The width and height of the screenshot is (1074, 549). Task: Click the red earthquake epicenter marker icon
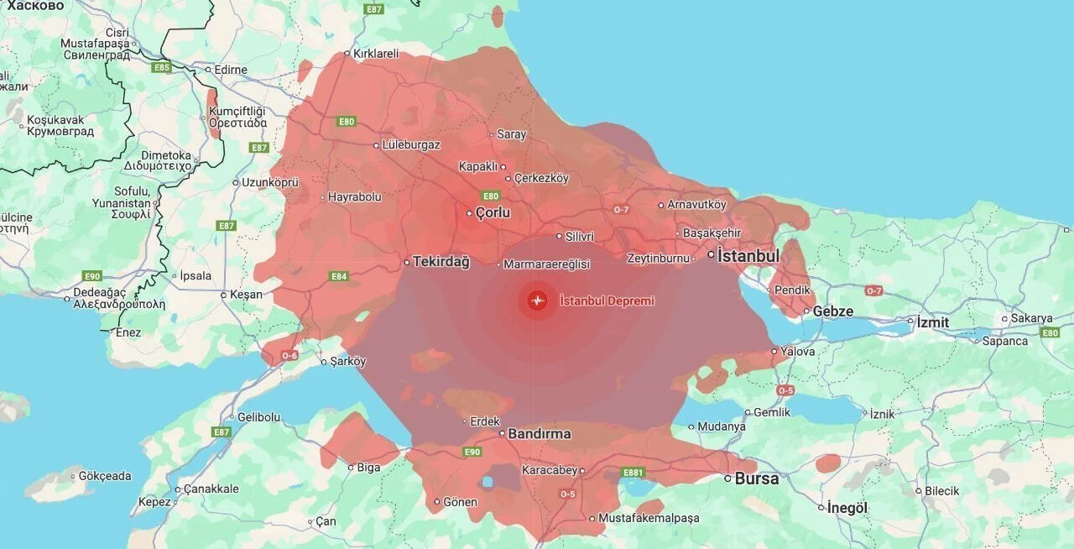(x=537, y=301)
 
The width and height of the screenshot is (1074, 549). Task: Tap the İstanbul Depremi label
(x=607, y=301)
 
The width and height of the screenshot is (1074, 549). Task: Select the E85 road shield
(x=162, y=67)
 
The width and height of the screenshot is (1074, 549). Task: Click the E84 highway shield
(x=339, y=276)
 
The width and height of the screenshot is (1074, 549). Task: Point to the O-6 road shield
(x=289, y=356)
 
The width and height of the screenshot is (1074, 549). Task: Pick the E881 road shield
(x=633, y=473)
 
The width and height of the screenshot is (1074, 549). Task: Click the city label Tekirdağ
(x=441, y=261)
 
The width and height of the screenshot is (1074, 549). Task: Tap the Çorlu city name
(x=493, y=212)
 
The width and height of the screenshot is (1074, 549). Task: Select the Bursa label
(x=757, y=478)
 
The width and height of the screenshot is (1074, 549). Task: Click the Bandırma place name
(x=540, y=434)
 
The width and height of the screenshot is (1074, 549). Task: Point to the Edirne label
(x=231, y=70)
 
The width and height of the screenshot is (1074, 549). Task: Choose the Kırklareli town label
(x=376, y=53)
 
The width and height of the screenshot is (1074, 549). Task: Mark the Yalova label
(x=797, y=351)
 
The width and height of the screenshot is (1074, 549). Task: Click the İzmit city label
(x=932, y=322)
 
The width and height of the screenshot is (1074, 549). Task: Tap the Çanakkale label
(x=211, y=489)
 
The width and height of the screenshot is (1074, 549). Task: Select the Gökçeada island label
(x=105, y=476)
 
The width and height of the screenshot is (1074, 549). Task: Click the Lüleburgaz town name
(x=411, y=144)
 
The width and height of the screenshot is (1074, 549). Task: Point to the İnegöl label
(x=847, y=507)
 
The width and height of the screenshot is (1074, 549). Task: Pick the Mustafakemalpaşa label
(x=649, y=518)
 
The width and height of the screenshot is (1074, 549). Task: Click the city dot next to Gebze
(x=806, y=311)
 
